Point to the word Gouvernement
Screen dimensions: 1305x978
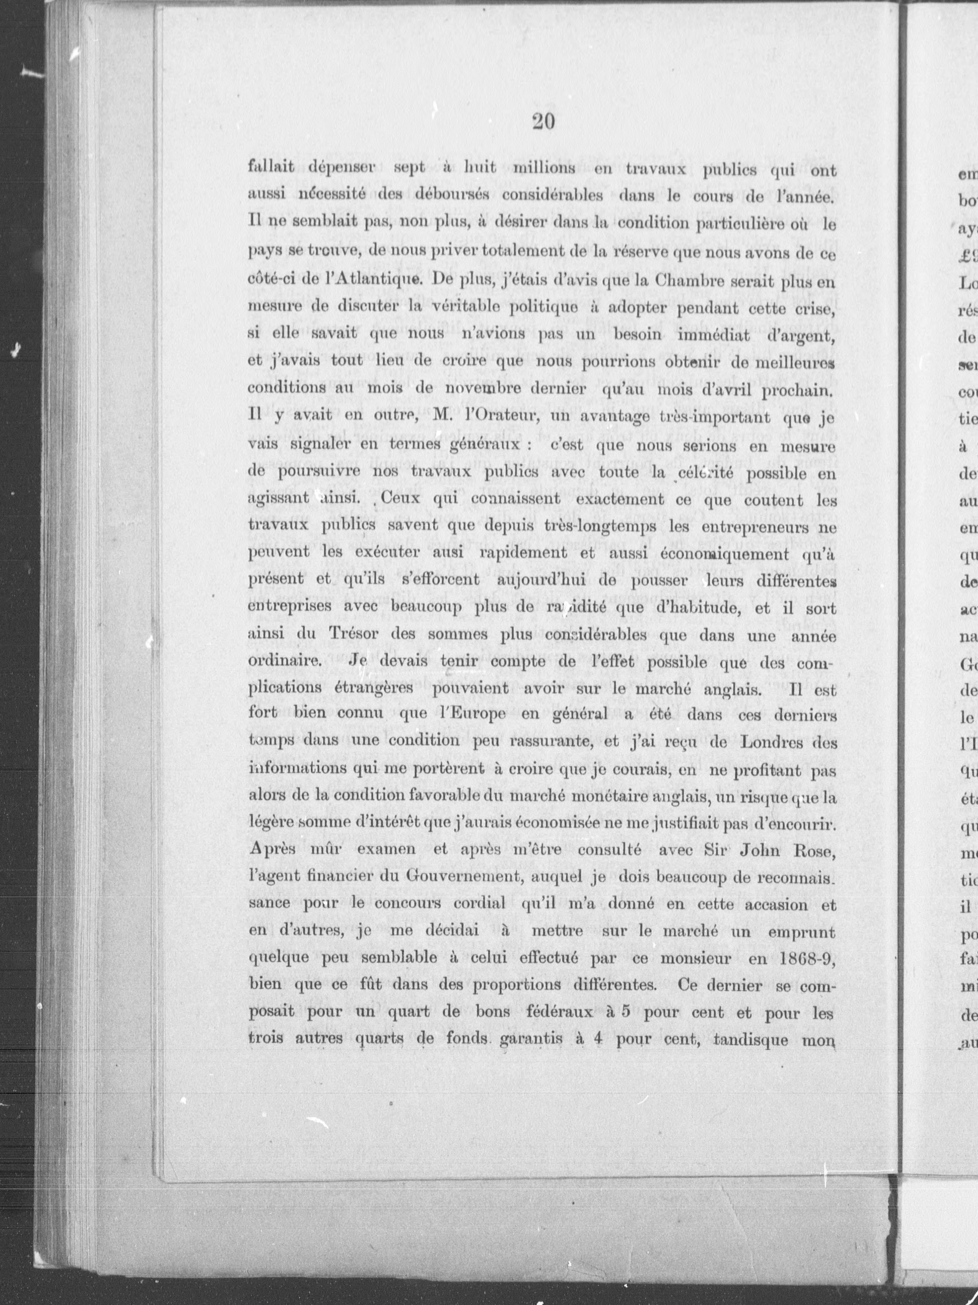coord(465,878)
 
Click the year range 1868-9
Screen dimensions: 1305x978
coord(805,958)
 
